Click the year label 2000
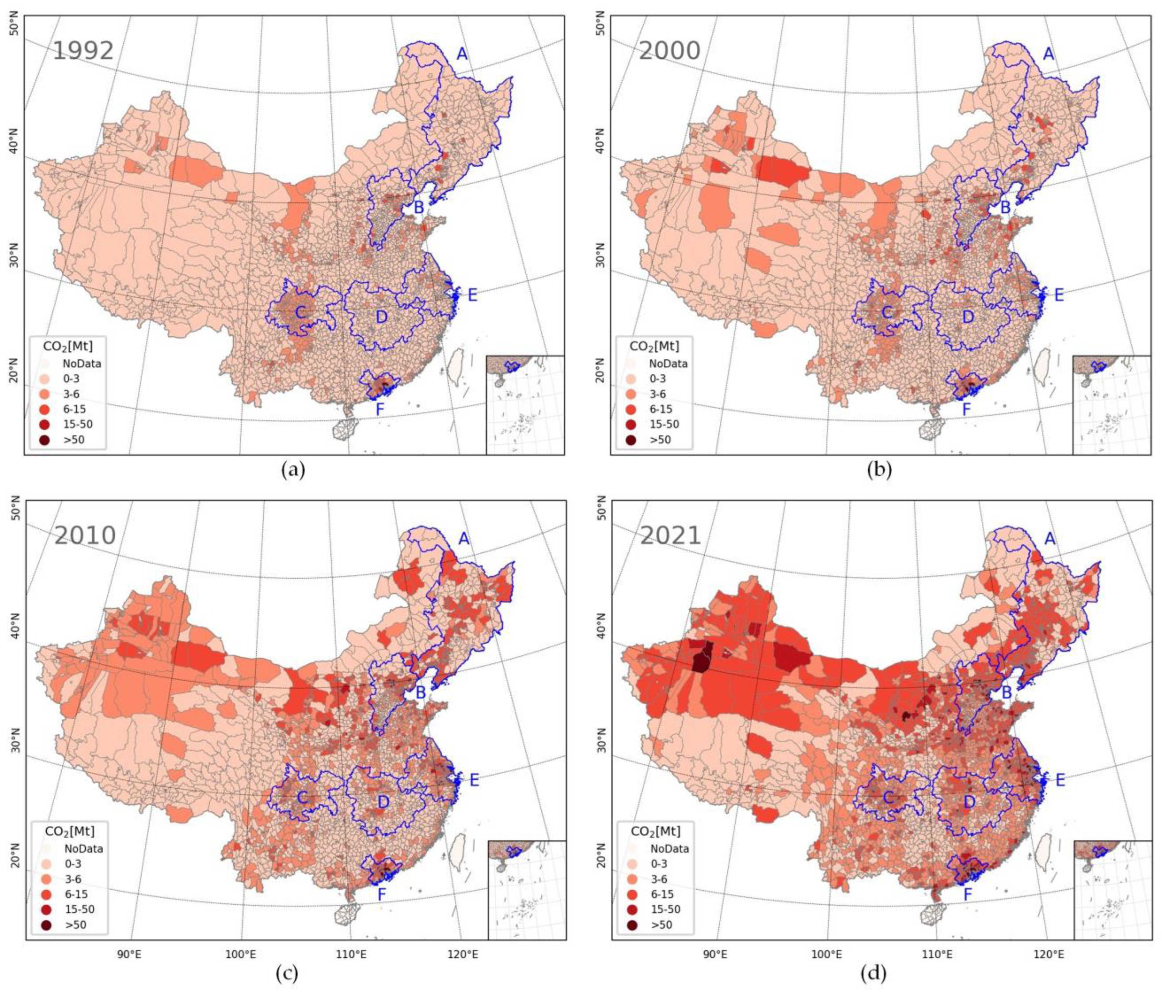pos(669,51)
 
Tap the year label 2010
pos(85,535)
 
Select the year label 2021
pos(671,535)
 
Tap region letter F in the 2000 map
pos(966,409)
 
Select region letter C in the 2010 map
pos(302,797)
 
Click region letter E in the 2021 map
pos(1059,780)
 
